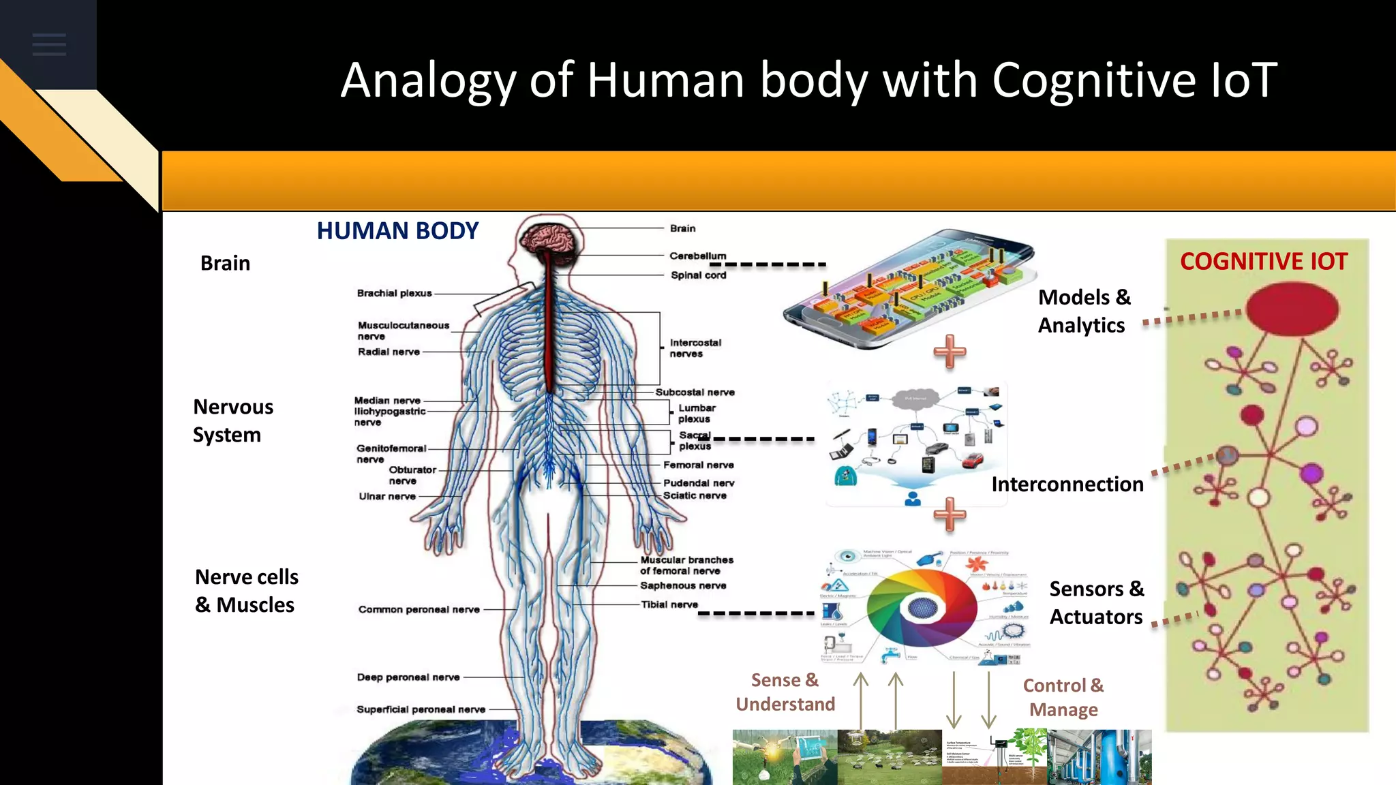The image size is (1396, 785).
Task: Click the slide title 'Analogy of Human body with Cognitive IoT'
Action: click(x=808, y=80)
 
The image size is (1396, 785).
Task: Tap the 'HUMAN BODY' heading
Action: click(x=397, y=231)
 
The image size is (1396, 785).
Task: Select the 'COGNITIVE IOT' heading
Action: click(x=1264, y=262)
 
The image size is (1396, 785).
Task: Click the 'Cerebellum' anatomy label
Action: click(x=697, y=256)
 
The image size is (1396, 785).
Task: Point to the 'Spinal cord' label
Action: click(x=698, y=275)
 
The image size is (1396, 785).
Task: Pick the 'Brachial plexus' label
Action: click(x=394, y=293)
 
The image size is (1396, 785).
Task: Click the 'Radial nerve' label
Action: click(x=389, y=352)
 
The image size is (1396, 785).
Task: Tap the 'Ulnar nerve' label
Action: click(x=387, y=496)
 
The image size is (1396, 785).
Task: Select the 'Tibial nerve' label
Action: click(x=669, y=604)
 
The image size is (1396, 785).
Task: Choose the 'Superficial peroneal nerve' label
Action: click(x=421, y=709)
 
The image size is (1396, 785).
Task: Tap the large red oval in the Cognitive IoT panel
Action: click(x=1292, y=309)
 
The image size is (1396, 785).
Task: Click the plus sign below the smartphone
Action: click(x=950, y=351)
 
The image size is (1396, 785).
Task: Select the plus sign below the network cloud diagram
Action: click(x=950, y=514)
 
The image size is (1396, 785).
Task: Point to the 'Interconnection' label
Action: click(x=1067, y=484)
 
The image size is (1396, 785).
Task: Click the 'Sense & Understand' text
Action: click(x=785, y=692)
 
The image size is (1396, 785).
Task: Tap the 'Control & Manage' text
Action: click(x=1063, y=697)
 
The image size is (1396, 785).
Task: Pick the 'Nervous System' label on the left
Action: click(x=232, y=420)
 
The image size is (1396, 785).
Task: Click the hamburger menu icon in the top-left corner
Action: click(x=49, y=44)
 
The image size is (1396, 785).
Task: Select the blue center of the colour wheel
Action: click(x=922, y=606)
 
